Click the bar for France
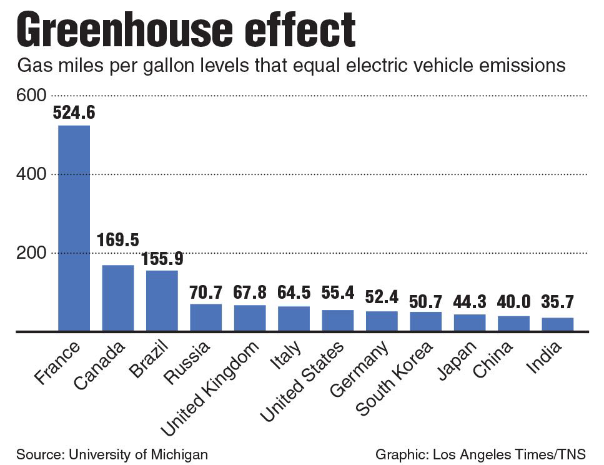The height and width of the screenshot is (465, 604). pyautogui.click(x=74, y=228)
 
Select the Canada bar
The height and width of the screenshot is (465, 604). pyautogui.click(x=118, y=297)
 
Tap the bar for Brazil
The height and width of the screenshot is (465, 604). pyautogui.click(x=162, y=300)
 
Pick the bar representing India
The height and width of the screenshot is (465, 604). pyautogui.click(x=557, y=324)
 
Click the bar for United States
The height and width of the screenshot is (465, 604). pyautogui.click(x=338, y=320)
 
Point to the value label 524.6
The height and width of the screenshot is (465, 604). pyautogui.click(x=74, y=113)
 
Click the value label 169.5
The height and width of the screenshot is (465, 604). pyautogui.click(x=118, y=240)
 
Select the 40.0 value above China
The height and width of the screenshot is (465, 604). pyautogui.click(x=513, y=302)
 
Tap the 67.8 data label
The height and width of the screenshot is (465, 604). pyautogui.click(x=250, y=292)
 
